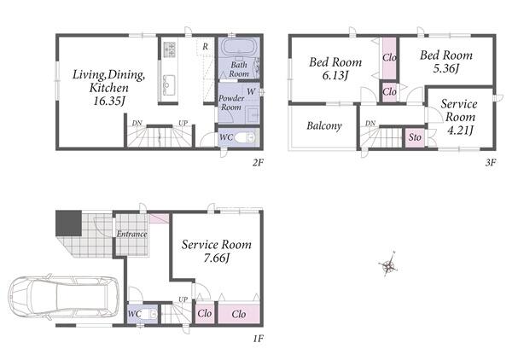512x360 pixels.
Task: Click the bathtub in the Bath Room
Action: point(239,48)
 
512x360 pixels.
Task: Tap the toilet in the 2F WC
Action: point(246,137)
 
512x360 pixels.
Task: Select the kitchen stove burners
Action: point(169,49)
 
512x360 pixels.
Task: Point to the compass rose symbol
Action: point(388,265)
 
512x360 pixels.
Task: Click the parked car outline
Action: point(64,298)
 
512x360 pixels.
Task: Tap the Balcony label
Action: point(324,125)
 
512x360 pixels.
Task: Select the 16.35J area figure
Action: point(109,101)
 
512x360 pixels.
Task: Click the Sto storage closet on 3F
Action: point(415,137)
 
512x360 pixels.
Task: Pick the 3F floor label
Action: point(491,162)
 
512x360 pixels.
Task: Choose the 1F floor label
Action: point(258,339)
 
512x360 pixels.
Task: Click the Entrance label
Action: point(131,234)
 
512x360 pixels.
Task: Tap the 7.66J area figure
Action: point(217,258)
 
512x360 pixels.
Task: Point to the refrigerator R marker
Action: point(205,47)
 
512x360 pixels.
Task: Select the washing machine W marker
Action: point(251,92)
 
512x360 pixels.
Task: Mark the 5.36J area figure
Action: point(446,68)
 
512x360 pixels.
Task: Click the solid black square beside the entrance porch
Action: point(68,224)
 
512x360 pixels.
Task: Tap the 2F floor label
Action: point(258,162)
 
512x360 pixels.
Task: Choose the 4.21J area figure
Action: point(460,131)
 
